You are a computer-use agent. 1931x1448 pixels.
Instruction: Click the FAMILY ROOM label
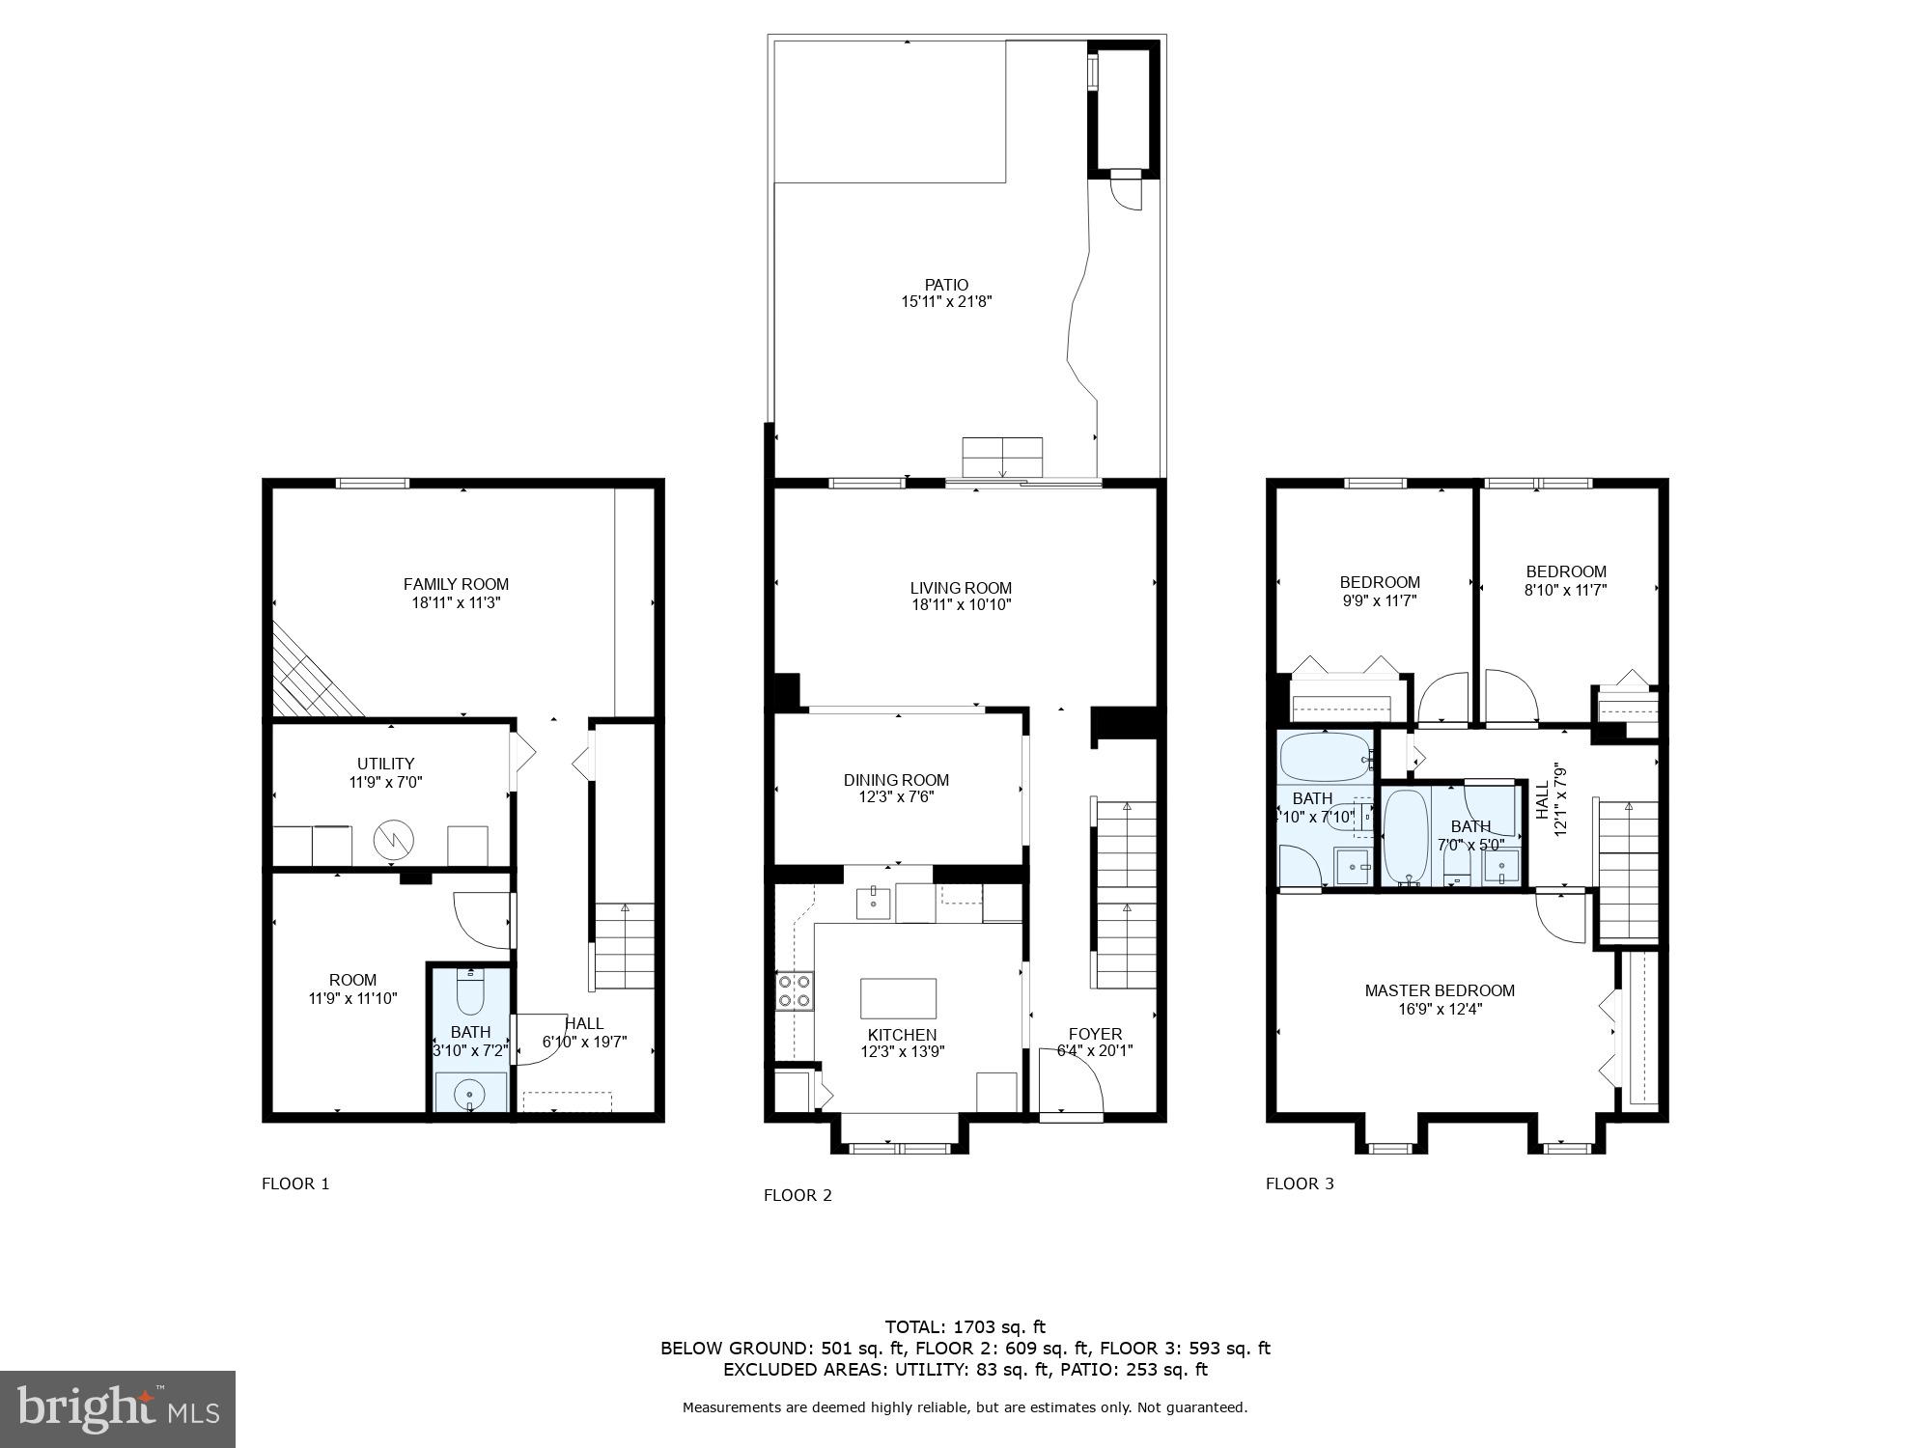[x=456, y=584]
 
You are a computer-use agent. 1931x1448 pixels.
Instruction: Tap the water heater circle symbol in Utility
[x=393, y=840]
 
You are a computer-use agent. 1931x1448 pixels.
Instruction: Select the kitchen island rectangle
[x=898, y=998]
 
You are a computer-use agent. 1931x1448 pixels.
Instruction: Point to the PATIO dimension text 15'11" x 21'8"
[x=946, y=302]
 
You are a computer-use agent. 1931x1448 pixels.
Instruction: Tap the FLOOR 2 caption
[x=798, y=1195]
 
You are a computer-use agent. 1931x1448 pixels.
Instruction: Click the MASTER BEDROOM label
[x=1440, y=990]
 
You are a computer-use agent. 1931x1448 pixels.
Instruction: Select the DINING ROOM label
[x=896, y=780]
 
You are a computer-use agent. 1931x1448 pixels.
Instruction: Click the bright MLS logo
[x=118, y=1409]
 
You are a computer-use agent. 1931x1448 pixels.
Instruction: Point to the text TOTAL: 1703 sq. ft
[x=965, y=1327]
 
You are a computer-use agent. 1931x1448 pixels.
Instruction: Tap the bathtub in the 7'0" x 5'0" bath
[x=1406, y=836]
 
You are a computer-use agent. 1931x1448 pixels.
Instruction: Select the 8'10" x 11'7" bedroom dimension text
[x=1565, y=590]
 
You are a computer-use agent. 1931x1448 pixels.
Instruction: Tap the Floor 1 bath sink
[x=470, y=1093]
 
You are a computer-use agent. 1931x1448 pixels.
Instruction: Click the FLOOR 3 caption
[x=1300, y=1183]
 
